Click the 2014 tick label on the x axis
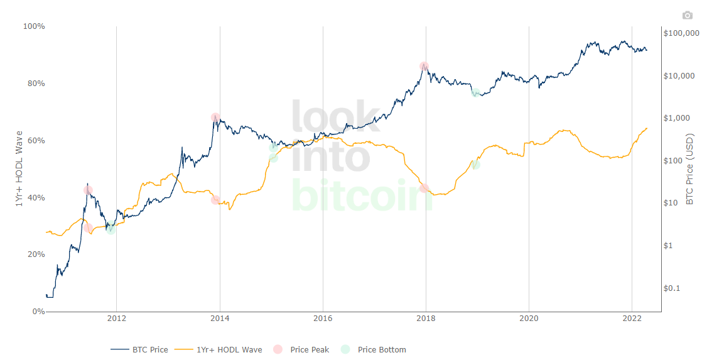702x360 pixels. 219,318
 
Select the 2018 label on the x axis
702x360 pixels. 426,318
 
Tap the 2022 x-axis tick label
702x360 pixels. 632,318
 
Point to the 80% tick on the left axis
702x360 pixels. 35,84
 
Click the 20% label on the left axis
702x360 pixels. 35,254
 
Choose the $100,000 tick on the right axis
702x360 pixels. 681,33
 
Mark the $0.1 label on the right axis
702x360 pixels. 674,288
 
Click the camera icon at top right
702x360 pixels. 687,15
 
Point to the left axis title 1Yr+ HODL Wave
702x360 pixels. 19,168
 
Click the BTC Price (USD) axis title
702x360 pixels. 689,168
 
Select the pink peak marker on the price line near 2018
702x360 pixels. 424,66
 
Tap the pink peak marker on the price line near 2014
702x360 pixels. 215,117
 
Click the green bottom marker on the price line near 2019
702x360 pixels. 475,93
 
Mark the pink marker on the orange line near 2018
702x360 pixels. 424,188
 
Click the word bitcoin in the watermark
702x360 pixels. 362,196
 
